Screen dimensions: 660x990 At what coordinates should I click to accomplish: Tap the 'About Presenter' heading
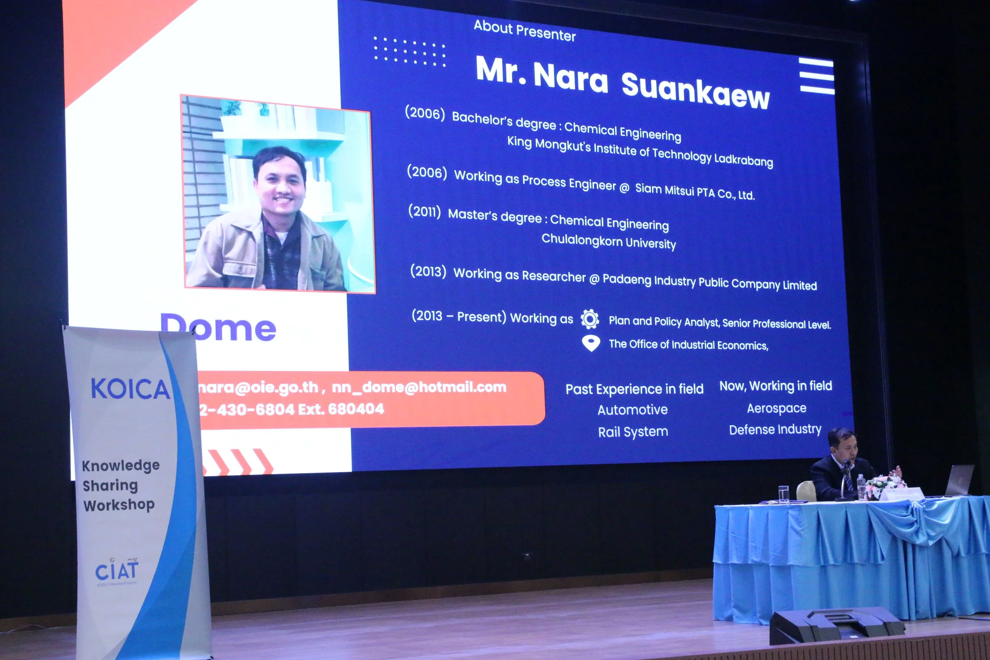pyautogui.click(x=524, y=31)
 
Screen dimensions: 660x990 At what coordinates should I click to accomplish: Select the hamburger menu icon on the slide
pyautogui.click(x=817, y=77)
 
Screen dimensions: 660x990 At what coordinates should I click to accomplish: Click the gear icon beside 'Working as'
pyautogui.click(x=590, y=319)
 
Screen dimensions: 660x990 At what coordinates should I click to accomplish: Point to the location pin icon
pyautogui.click(x=591, y=343)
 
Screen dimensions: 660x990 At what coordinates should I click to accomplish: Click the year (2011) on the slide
pyautogui.click(x=424, y=211)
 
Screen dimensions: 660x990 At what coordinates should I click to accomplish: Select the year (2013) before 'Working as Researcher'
pyautogui.click(x=428, y=271)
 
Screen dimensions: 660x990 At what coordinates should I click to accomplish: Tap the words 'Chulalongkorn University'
pyautogui.click(x=609, y=241)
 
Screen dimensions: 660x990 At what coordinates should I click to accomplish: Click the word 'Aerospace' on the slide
pyautogui.click(x=777, y=408)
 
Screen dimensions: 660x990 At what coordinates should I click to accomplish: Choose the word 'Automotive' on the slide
pyautogui.click(x=632, y=410)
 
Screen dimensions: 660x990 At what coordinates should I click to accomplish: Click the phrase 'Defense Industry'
pyautogui.click(x=775, y=430)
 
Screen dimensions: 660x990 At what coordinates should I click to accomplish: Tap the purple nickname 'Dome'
pyautogui.click(x=219, y=328)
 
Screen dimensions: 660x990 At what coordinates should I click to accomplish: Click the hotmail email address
pyautogui.click(x=419, y=387)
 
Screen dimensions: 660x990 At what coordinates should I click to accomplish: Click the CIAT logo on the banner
pyautogui.click(x=117, y=571)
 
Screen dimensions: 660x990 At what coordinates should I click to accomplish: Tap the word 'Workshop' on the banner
pyautogui.click(x=119, y=505)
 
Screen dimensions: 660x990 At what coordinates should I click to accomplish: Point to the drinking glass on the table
pyautogui.click(x=783, y=494)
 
